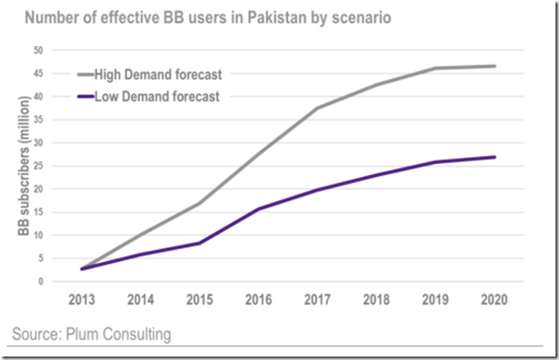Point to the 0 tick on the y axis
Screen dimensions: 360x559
point(39,281)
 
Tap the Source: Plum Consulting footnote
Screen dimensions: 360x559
point(92,334)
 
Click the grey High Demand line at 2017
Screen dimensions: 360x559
point(318,108)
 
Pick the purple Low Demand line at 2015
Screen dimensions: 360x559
point(201,243)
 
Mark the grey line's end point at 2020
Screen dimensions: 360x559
point(495,66)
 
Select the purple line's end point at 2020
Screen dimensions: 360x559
point(495,157)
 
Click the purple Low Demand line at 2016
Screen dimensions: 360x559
point(260,208)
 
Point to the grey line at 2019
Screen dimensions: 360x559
point(436,68)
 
